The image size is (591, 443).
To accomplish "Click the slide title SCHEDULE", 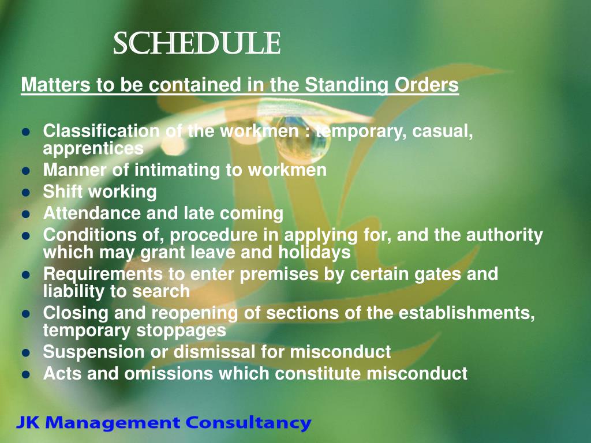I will pyautogui.click(x=196, y=44).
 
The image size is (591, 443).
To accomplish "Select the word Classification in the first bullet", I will pyautogui.click(x=101, y=132).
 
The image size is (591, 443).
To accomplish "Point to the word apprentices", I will pyautogui.click(x=93, y=148).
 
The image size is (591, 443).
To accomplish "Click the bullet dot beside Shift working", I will pyautogui.click(x=25, y=192).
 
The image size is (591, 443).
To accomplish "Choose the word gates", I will pyautogui.click(x=437, y=274).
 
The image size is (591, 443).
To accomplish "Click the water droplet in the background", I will pyautogui.click(x=302, y=142).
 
